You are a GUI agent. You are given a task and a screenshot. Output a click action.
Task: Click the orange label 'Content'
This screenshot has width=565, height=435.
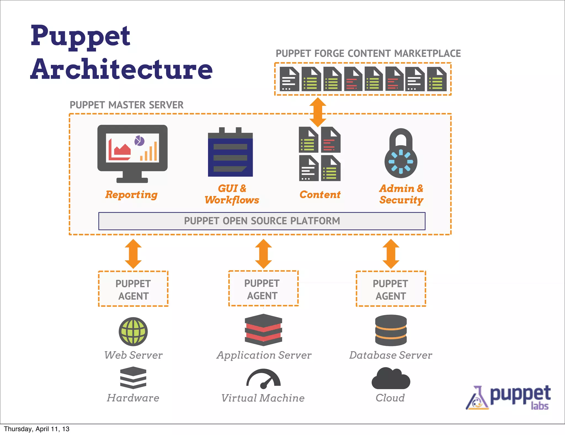coord(320,195)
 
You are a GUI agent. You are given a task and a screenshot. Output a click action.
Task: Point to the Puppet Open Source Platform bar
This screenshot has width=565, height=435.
coord(262,221)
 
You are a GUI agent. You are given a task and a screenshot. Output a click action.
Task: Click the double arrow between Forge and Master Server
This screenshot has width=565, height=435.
coord(318,112)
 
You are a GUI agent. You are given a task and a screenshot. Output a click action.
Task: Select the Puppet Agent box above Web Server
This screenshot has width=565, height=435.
coord(133,289)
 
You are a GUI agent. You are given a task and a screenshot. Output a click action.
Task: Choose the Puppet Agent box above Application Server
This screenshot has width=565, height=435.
coord(263,288)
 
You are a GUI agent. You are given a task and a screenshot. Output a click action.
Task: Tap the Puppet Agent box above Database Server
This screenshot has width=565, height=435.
coord(391,289)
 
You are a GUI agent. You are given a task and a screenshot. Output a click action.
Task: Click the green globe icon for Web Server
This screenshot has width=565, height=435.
coord(133,331)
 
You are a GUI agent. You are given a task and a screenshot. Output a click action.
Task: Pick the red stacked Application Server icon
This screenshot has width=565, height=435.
coord(263,330)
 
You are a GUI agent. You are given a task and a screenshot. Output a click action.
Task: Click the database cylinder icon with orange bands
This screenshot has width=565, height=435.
coord(391,330)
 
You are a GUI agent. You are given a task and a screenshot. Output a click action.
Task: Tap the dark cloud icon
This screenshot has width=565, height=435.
coord(391,379)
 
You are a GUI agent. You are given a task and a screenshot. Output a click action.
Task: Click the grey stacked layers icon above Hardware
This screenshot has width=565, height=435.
coord(133,378)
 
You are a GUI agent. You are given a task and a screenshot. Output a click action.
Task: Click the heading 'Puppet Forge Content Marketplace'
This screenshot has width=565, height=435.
coord(368,54)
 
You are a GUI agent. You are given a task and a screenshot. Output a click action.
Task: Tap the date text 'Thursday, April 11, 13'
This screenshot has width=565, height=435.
coord(37,429)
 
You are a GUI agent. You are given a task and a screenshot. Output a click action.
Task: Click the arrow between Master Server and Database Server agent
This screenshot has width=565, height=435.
coord(391,254)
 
